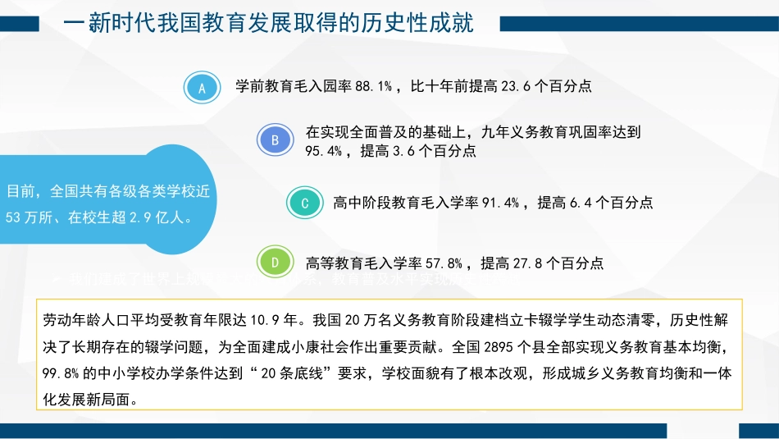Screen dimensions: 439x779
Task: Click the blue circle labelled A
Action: (x=202, y=87)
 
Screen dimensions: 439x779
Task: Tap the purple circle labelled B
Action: (x=276, y=139)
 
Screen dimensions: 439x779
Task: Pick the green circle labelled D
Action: (x=276, y=263)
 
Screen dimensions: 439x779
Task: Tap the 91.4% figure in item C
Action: (x=499, y=203)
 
